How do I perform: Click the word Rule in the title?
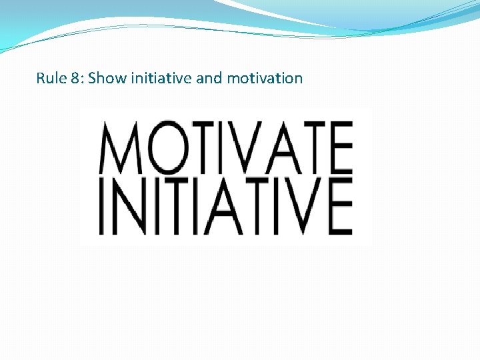click(x=49, y=78)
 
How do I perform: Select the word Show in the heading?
click(x=102, y=78)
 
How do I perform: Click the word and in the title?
click(x=209, y=78)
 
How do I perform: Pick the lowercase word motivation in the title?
click(x=265, y=78)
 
